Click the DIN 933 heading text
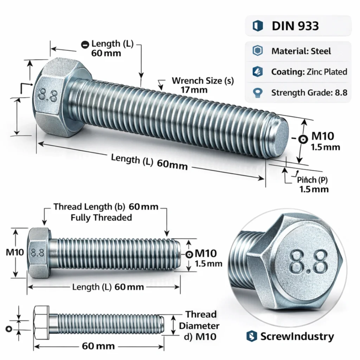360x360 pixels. (x=295, y=26)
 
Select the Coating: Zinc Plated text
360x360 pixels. (x=309, y=72)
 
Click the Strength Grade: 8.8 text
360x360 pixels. (x=309, y=93)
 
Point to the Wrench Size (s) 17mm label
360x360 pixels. (x=202, y=85)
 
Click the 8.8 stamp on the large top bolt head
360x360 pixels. (x=48, y=95)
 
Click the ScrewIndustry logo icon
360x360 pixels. (x=251, y=336)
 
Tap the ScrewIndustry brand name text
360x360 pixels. (x=297, y=336)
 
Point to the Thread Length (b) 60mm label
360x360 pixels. (x=106, y=207)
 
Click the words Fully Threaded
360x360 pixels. (x=101, y=218)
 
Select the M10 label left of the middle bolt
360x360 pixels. (x=14, y=252)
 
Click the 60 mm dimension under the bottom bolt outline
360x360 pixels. (x=98, y=346)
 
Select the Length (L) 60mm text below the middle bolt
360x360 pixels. (x=108, y=287)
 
